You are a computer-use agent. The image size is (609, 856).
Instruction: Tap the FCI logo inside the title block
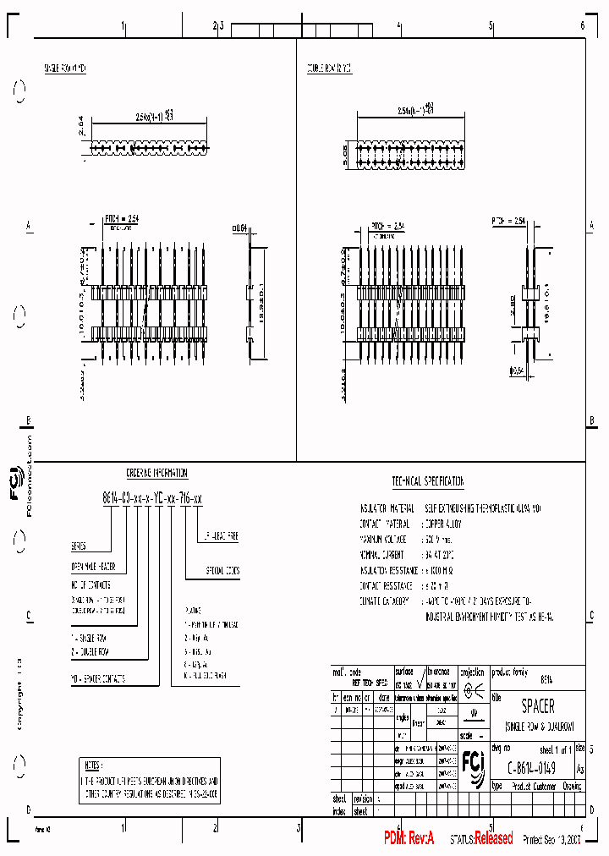[x=474, y=765]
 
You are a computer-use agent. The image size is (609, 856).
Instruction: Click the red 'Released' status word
[x=493, y=838]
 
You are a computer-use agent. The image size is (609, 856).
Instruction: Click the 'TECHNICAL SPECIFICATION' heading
[x=428, y=481]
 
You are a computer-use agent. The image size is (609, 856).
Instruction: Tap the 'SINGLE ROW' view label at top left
[x=65, y=68]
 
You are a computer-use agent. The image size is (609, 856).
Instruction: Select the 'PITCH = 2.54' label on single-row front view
[x=121, y=219]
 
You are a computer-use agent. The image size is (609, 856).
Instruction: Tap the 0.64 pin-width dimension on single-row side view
[x=239, y=227]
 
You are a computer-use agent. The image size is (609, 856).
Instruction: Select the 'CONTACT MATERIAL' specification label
[x=386, y=524]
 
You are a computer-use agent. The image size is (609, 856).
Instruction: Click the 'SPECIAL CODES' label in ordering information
[x=222, y=571]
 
